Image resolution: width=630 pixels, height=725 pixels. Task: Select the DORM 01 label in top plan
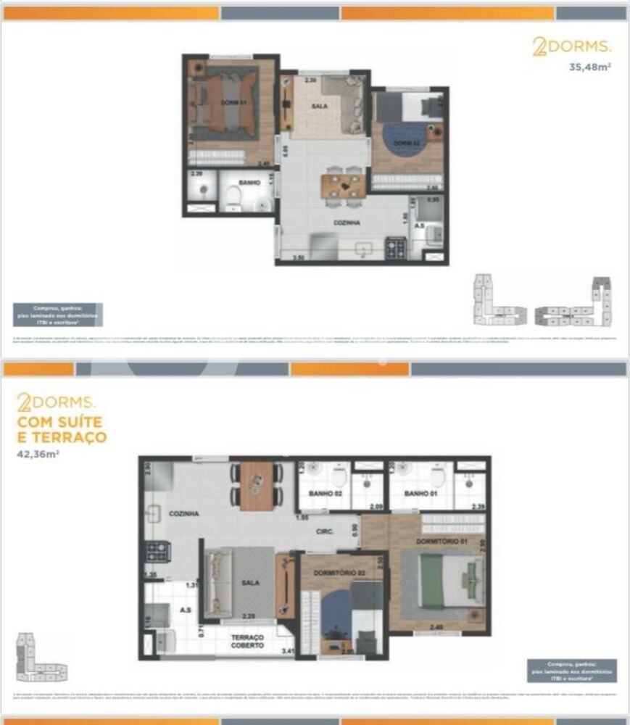point(234,102)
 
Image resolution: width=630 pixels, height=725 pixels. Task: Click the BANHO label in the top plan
point(249,183)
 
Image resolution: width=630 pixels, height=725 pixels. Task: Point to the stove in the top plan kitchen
point(396,249)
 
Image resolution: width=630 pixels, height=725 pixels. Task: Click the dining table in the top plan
point(344,186)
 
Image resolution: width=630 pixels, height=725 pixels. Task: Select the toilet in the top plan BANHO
point(233,198)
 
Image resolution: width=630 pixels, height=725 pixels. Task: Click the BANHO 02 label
point(326,493)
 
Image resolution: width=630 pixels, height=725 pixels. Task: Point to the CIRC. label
point(325,531)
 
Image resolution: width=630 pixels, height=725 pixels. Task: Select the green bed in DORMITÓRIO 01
point(443,579)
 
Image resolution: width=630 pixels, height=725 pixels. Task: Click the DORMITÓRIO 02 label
point(339,573)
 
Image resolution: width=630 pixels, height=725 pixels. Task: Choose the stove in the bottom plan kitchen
point(157,552)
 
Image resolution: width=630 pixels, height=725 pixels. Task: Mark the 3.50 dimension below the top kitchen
point(297,257)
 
